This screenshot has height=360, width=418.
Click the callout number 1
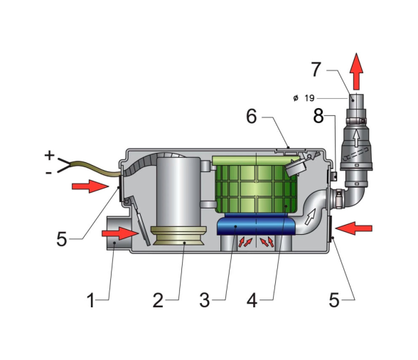coord(91,300)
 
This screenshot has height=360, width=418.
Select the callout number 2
coord(158,300)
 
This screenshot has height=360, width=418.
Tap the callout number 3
coord(205,300)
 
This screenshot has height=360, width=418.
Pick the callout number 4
coord(252,300)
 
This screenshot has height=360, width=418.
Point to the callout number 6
coord(252,117)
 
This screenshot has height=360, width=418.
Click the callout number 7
coord(316,70)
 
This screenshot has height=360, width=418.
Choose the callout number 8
coord(318,116)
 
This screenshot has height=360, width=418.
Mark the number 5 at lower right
coord(334,300)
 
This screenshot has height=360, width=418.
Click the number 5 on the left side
coord(62,239)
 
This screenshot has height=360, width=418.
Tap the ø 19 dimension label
coord(304,98)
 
